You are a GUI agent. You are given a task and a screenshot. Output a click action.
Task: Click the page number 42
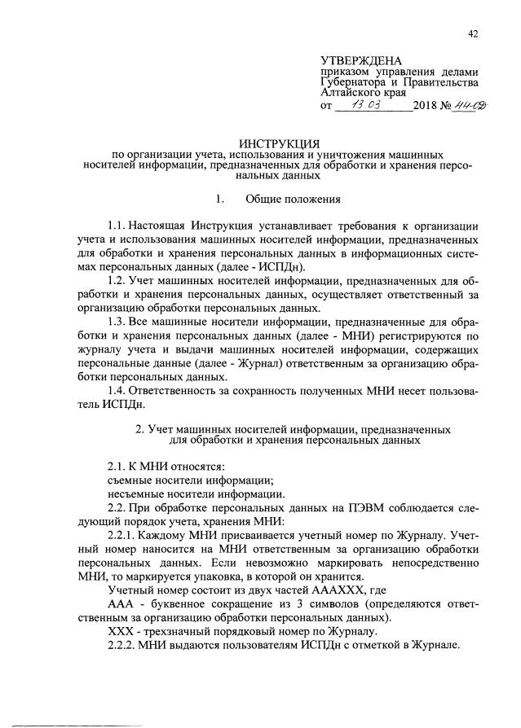[473, 33]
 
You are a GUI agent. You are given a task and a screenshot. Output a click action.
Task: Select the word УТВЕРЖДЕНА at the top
[362, 60]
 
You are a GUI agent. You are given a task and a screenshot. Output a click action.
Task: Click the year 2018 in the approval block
[426, 106]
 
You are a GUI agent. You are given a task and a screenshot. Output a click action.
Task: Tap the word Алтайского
[351, 94]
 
